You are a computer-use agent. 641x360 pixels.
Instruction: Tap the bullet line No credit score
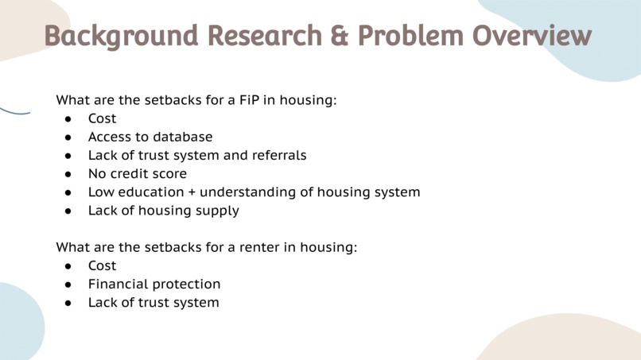137,173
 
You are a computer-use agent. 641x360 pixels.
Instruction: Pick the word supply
217,211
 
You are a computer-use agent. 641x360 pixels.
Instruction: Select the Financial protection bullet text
153,284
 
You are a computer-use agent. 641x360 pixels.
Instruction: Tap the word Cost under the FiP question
102,118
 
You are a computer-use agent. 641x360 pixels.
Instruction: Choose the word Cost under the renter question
102,265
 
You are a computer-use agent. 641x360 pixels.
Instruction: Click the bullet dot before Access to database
69,137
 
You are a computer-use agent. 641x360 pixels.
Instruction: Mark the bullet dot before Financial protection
69,285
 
